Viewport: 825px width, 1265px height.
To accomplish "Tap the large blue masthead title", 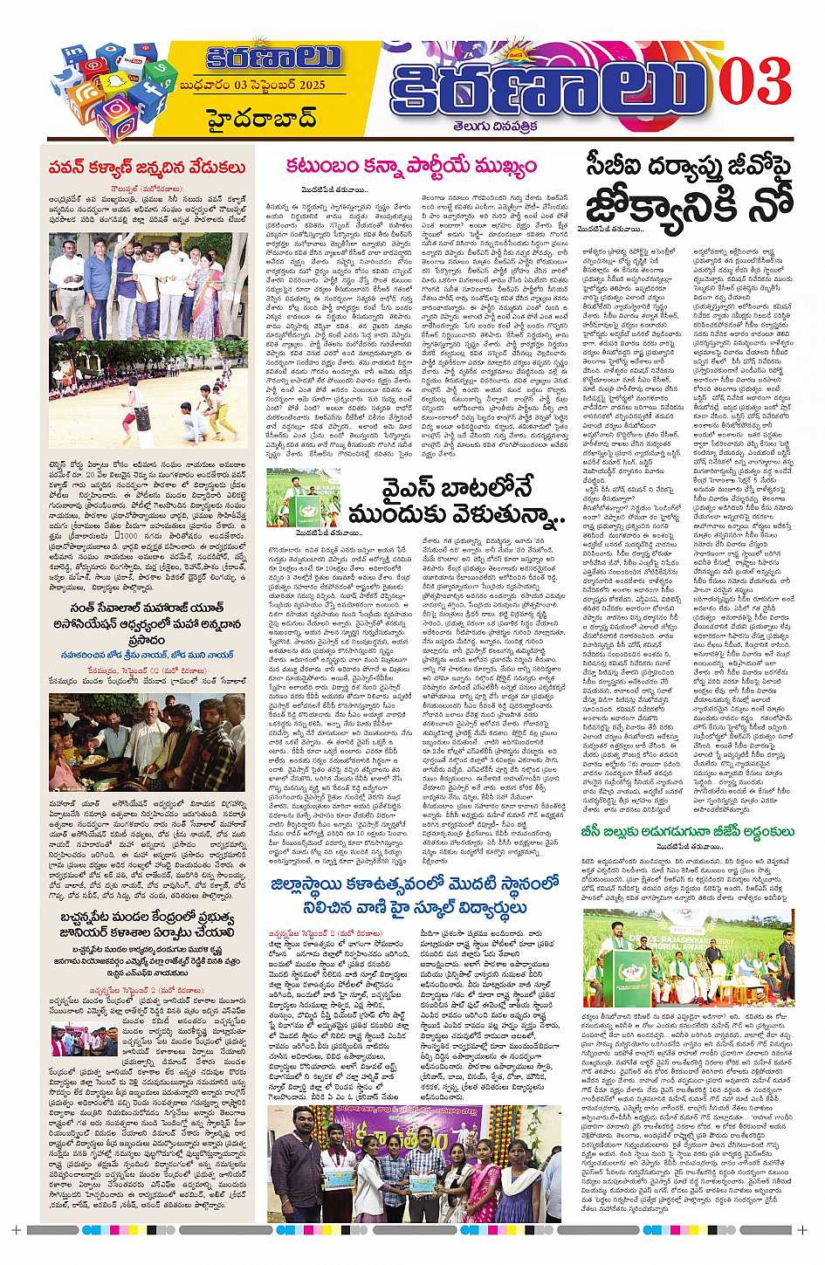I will [548, 85].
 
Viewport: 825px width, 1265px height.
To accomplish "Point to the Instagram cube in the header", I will [115, 116].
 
